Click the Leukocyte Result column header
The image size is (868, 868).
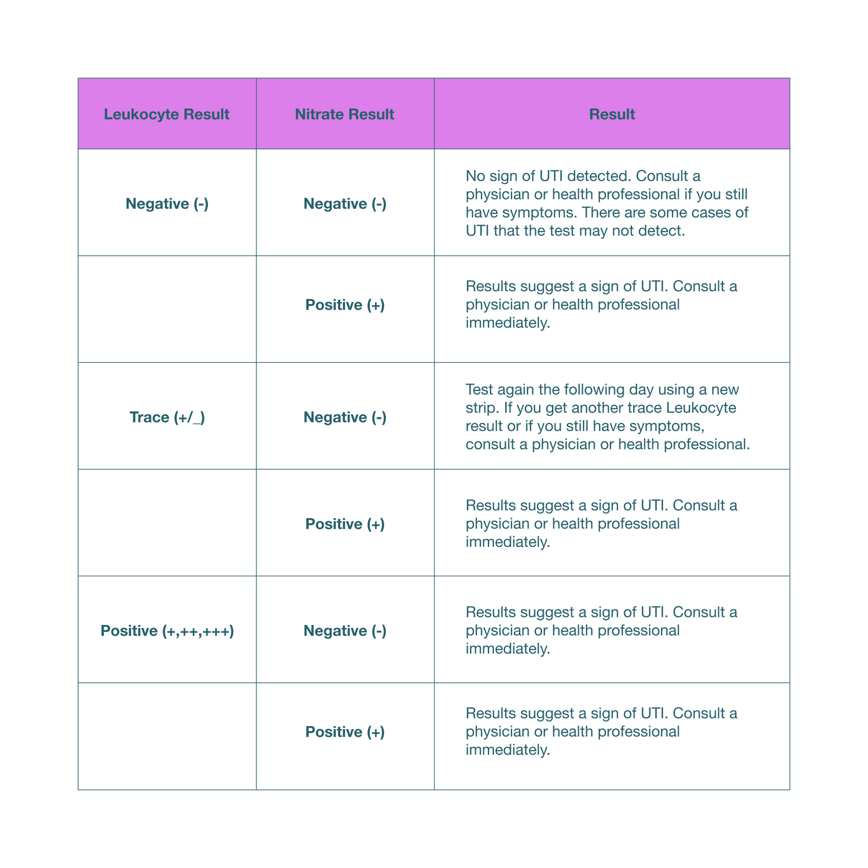pyautogui.click(x=167, y=114)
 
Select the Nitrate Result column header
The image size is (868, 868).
pyautogui.click(x=344, y=114)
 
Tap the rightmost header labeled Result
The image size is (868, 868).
pyautogui.click(x=612, y=114)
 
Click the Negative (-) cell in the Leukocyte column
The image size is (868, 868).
pyautogui.click(x=167, y=204)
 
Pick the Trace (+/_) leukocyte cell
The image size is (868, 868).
pyautogui.click(x=167, y=417)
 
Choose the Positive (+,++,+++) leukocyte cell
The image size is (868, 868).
pyautogui.click(x=167, y=631)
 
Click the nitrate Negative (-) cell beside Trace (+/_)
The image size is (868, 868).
pyautogui.click(x=345, y=417)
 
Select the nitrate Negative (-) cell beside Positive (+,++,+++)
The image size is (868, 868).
pyautogui.click(x=345, y=631)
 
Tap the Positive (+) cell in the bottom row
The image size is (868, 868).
pyautogui.click(x=345, y=732)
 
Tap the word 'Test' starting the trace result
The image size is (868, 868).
pyautogui.click(x=479, y=389)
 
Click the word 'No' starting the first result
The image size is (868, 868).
pyautogui.click(x=475, y=175)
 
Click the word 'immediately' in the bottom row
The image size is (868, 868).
pyautogui.click(x=507, y=750)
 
